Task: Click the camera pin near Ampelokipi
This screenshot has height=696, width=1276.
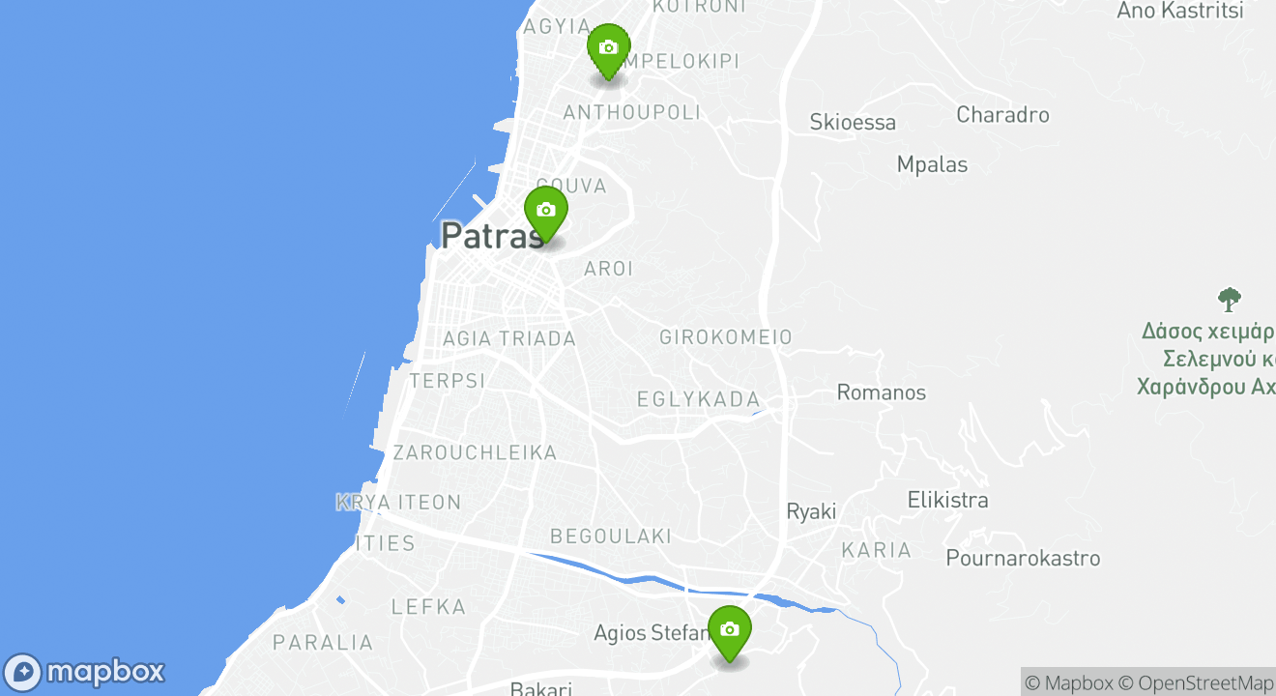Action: pyautogui.click(x=608, y=49)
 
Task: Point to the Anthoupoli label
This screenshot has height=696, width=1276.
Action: pyautogui.click(x=631, y=113)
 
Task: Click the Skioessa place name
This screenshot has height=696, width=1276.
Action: pyautogui.click(x=853, y=123)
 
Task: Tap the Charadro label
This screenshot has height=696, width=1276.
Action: pyautogui.click(x=1002, y=115)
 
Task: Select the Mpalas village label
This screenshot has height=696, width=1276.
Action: pyautogui.click(x=932, y=164)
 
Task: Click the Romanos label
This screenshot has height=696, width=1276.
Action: pyautogui.click(x=881, y=392)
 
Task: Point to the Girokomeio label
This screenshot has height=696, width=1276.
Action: pyautogui.click(x=725, y=337)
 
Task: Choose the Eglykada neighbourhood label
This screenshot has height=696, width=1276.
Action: pyautogui.click(x=698, y=400)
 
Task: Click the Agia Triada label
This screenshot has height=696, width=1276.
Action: pyautogui.click(x=508, y=339)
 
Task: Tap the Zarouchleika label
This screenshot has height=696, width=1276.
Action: pyautogui.click(x=475, y=452)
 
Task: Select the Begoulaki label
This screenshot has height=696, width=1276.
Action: pyautogui.click(x=610, y=536)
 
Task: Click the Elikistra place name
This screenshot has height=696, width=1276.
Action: pyautogui.click(x=947, y=501)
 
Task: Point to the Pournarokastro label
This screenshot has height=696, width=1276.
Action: pyautogui.click(x=1023, y=559)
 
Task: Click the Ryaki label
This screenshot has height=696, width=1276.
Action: pyautogui.click(x=811, y=512)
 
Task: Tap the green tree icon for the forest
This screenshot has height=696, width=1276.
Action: pyautogui.click(x=1229, y=299)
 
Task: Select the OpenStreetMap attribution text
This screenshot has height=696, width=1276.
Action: pyautogui.click(x=1205, y=682)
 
